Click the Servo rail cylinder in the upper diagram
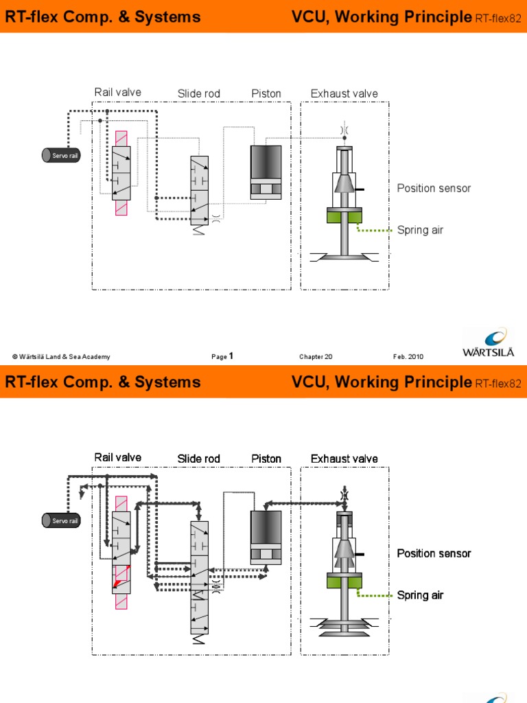pyautogui.click(x=61, y=155)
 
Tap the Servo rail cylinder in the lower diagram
pyautogui.click(x=61, y=520)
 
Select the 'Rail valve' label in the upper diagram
pyautogui.click(x=118, y=93)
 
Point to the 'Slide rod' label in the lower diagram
pyautogui.click(x=198, y=459)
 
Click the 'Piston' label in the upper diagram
pyautogui.click(x=266, y=93)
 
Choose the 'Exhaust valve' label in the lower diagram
pyautogui.click(x=344, y=459)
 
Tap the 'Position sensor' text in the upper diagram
pyautogui.click(x=434, y=188)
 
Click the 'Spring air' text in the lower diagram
pyautogui.click(x=420, y=595)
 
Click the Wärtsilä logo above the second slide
pyautogui.click(x=489, y=343)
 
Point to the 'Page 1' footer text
pyautogui.click(x=222, y=356)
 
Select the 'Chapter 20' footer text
pyautogui.click(x=316, y=357)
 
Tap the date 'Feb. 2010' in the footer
pyautogui.click(x=408, y=357)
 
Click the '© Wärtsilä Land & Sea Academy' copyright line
pyautogui.click(x=61, y=357)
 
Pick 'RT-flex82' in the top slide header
pyautogui.click(x=498, y=19)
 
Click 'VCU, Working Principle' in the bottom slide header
pyautogui.click(x=382, y=382)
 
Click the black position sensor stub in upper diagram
pyautogui.click(x=360, y=189)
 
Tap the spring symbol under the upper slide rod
pyautogui.click(x=199, y=231)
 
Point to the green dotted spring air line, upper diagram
pyautogui.click(x=374, y=229)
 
